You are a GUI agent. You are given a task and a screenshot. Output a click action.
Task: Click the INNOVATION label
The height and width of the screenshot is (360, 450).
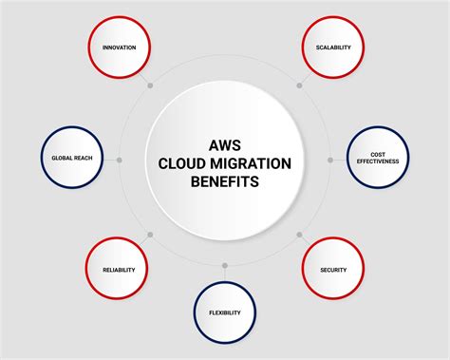tap(119, 47)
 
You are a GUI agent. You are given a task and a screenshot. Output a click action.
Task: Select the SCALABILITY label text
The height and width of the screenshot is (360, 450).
tap(333, 47)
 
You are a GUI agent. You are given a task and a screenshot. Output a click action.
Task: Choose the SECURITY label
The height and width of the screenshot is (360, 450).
tap(333, 270)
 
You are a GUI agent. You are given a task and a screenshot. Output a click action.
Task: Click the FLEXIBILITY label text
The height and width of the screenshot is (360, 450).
tap(225, 313)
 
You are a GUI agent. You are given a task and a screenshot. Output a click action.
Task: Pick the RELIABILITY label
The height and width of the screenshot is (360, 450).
tap(119, 270)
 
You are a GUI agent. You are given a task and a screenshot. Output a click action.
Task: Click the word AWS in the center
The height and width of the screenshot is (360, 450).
tap(225, 144)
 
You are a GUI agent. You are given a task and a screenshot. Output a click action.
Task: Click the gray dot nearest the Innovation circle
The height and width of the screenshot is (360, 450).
tap(151, 85)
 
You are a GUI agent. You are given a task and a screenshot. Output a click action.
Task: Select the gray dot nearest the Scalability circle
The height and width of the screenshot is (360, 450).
tap(299, 85)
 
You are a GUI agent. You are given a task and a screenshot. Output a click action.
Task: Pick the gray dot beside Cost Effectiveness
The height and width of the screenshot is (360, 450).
tap(330, 160)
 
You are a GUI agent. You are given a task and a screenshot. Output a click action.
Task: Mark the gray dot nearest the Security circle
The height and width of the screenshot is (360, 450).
tap(299, 234)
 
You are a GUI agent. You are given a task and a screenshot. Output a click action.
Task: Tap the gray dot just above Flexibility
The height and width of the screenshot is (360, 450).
tap(225, 265)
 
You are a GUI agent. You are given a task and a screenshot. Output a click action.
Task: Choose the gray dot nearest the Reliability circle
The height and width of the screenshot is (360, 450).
tap(151, 234)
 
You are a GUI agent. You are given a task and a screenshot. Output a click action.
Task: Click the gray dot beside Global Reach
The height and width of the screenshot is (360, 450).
tap(120, 160)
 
